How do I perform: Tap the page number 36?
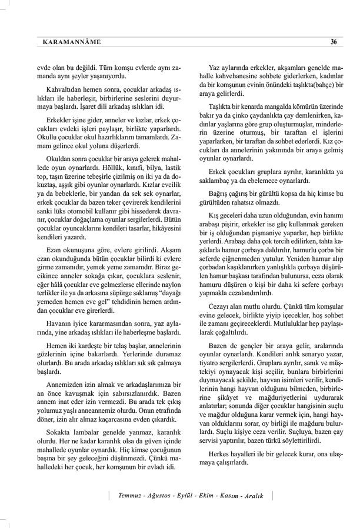point(334,42)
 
